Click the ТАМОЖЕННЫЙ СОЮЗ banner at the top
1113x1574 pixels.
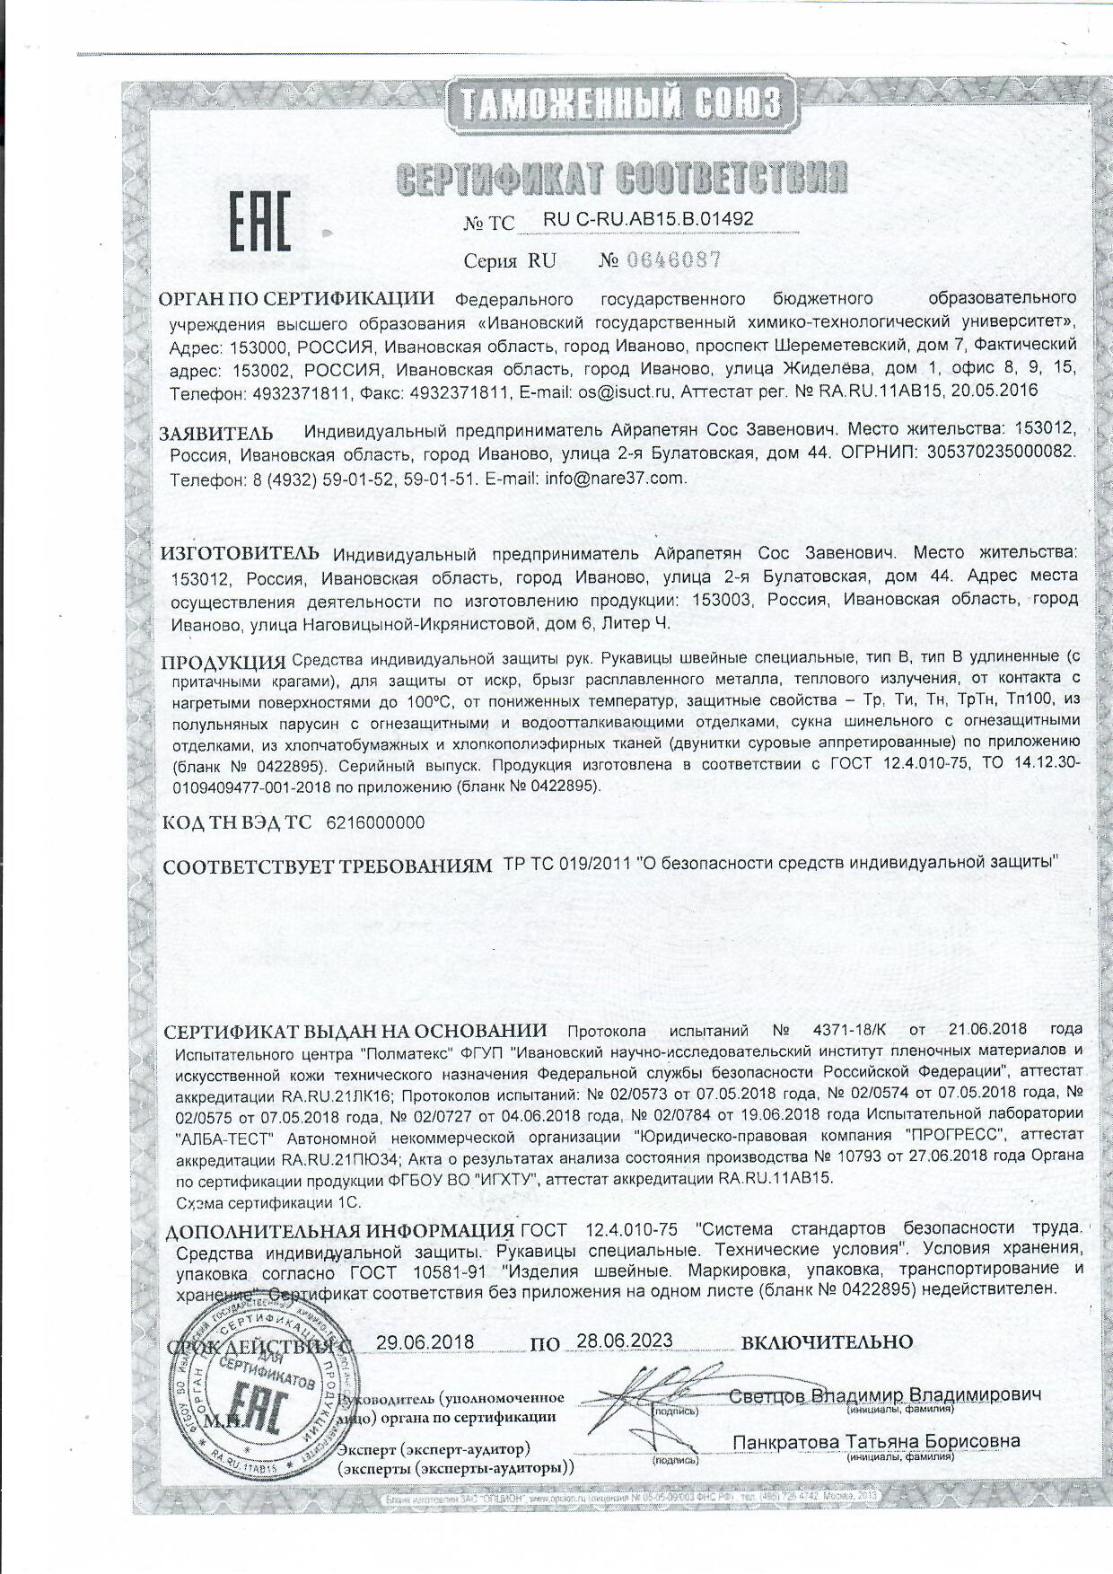(x=619, y=103)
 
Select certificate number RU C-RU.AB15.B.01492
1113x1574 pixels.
(x=648, y=219)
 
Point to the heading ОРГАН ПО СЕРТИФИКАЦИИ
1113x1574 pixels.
(x=296, y=298)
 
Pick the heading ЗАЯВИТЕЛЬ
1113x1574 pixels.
(x=216, y=433)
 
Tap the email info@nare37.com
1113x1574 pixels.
(x=616, y=479)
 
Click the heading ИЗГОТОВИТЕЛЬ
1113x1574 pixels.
(x=240, y=550)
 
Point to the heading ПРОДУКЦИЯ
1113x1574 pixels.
(x=223, y=664)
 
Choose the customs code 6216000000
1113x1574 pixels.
(x=376, y=822)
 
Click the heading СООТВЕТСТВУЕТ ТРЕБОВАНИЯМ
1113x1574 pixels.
(x=329, y=866)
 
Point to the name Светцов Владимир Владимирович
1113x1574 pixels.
(x=885, y=1395)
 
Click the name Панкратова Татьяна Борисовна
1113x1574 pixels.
(x=876, y=1441)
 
